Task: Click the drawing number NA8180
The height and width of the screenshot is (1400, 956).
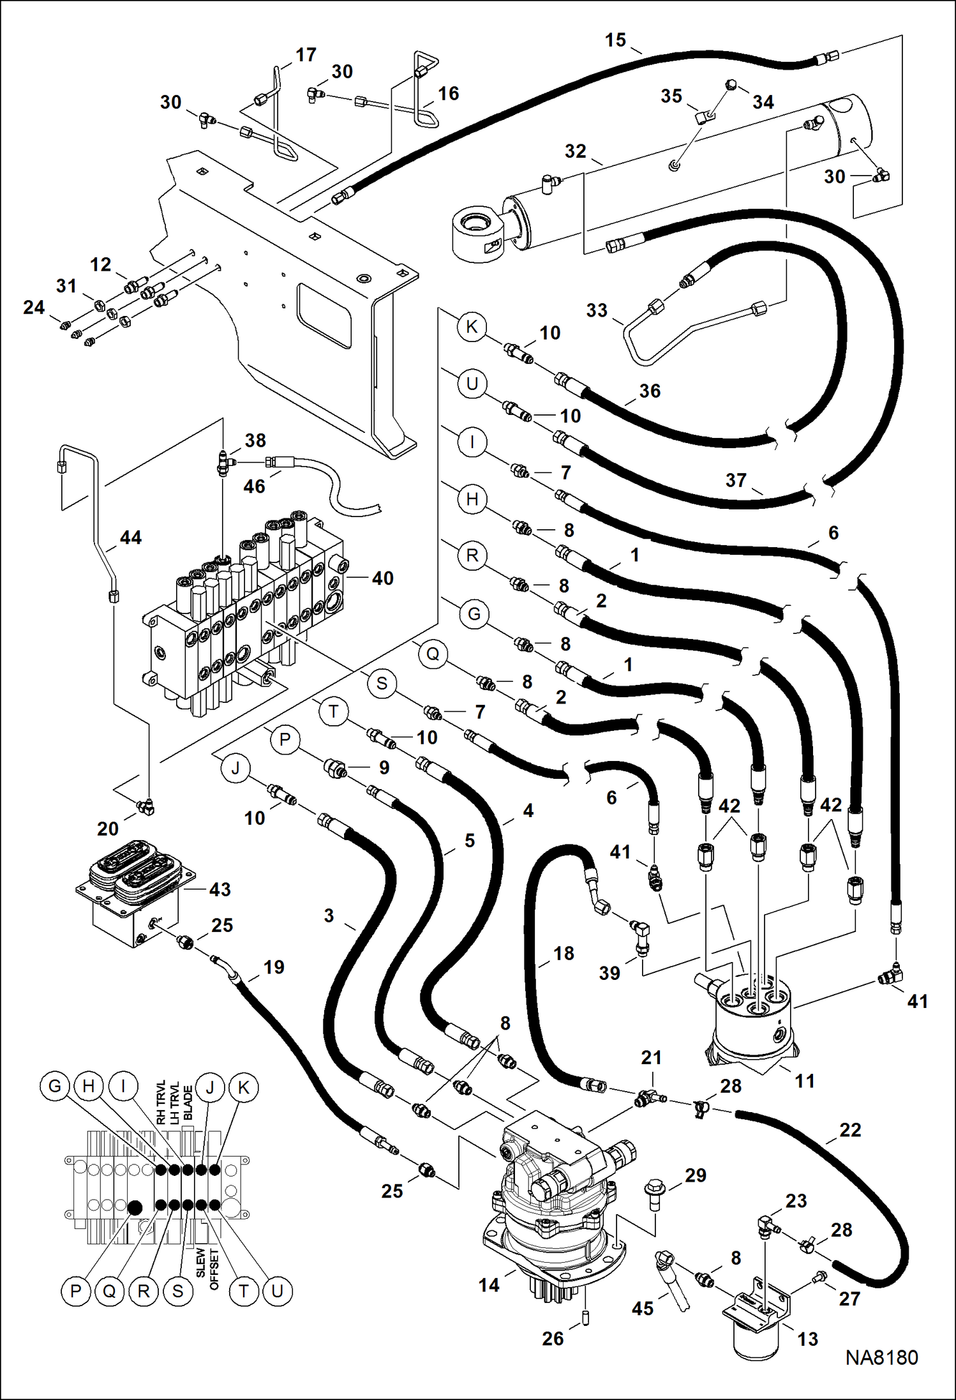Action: coord(881,1357)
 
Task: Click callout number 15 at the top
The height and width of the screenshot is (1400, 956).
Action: coord(615,40)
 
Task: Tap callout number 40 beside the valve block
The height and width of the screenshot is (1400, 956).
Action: coord(382,578)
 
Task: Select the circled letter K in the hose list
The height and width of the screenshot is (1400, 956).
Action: coord(472,327)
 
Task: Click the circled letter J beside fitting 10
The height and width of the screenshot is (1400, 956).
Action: coord(235,768)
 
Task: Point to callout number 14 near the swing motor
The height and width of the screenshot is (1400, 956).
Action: coord(489,1285)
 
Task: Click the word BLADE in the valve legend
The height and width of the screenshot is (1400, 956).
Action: coord(188,1103)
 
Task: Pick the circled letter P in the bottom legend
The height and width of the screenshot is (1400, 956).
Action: coord(75,1291)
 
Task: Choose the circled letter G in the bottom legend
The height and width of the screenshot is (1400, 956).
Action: coord(55,1086)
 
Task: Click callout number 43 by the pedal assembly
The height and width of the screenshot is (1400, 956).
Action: coord(220,889)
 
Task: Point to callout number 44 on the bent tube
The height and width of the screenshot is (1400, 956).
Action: coord(130,538)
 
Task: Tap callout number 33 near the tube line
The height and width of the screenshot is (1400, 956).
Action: coord(596,310)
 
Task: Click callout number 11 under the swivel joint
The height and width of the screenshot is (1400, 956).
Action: coord(804,1081)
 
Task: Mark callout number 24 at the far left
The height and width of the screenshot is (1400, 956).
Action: coord(33,307)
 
